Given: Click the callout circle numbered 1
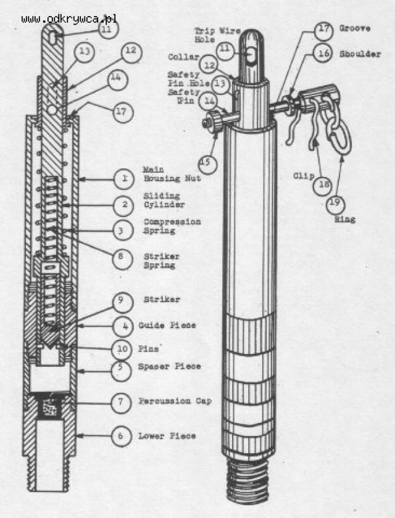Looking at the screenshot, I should (124, 179).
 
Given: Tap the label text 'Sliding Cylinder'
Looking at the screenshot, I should (164, 199).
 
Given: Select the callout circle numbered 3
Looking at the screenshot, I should (124, 229).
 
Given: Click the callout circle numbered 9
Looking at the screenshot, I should (123, 301).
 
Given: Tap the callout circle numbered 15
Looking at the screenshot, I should (207, 163).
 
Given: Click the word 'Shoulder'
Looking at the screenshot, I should (355, 54).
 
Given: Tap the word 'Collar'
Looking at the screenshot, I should (183, 57).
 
